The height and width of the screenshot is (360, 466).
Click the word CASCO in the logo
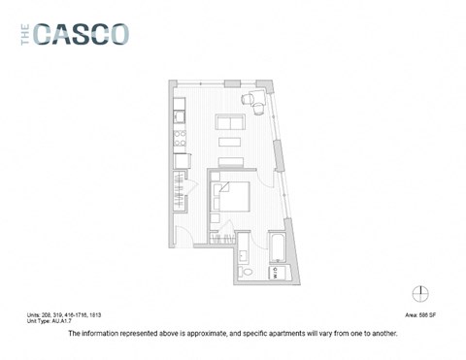(x=82, y=35)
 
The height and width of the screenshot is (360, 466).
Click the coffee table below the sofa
(x=229, y=144)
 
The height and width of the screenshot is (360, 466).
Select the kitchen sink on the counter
(x=181, y=118)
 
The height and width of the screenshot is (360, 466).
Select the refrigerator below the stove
(x=181, y=157)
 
